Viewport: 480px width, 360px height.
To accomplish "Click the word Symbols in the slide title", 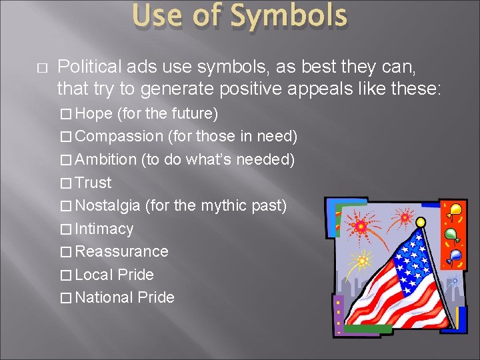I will pos(291,17).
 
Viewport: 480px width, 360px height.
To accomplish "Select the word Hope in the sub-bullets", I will pos(93,113).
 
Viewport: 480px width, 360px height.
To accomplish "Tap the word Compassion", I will pos(119,137).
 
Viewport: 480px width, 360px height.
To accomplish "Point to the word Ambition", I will pos(106,159).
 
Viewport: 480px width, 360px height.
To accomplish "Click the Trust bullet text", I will pos(93,183).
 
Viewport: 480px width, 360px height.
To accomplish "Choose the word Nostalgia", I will pos(107,205).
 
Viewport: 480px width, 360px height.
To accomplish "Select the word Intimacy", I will pos(104,229).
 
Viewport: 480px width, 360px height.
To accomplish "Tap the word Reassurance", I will pos(121,251).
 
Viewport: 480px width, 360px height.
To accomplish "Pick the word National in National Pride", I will pos(104,297).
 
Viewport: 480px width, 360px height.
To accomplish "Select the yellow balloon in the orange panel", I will pos(456,211).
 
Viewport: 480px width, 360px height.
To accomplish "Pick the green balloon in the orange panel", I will pos(451,234).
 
